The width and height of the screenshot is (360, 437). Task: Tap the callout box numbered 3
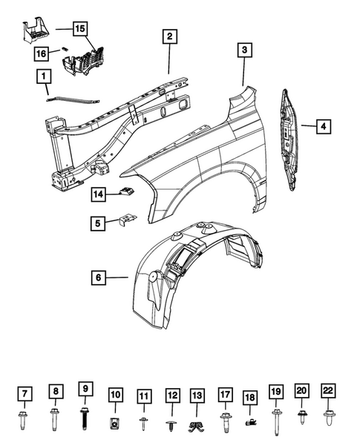click(244, 50)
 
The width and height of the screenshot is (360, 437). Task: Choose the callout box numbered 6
click(96, 278)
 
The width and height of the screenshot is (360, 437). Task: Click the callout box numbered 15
click(79, 29)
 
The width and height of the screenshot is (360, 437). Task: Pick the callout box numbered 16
click(44, 53)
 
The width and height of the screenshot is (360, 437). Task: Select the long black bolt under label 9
click(85, 417)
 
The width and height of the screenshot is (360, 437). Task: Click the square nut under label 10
click(115, 423)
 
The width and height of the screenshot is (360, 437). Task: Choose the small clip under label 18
click(251, 421)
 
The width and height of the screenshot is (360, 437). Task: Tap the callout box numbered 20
click(302, 391)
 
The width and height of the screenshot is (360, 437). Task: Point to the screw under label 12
click(171, 424)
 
